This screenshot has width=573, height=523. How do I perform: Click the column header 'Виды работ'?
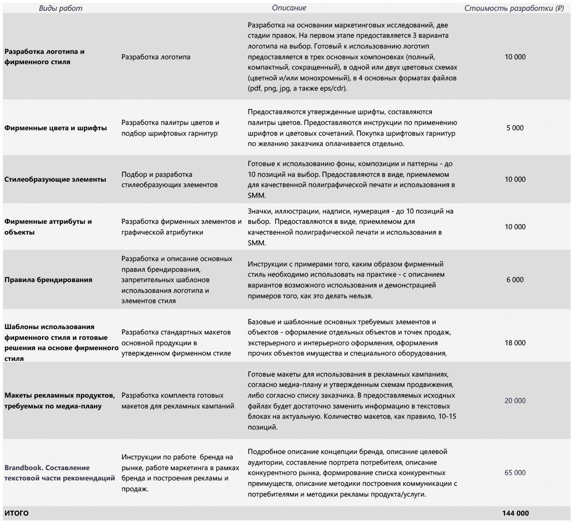(x=61, y=8)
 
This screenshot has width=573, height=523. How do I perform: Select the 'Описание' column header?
(x=289, y=8)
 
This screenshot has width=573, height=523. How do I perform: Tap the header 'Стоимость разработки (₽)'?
(x=514, y=8)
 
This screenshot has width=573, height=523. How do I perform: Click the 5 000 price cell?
(x=515, y=128)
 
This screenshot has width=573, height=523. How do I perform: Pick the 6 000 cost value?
(x=515, y=280)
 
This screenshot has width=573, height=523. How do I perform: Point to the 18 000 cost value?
(x=515, y=343)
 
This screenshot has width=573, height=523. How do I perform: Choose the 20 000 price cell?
(x=515, y=401)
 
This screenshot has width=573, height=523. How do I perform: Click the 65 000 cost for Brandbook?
(x=515, y=473)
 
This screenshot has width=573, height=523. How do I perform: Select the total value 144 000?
(x=515, y=513)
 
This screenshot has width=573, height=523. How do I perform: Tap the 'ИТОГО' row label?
(x=17, y=513)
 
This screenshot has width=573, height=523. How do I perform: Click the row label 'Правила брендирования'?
(x=48, y=280)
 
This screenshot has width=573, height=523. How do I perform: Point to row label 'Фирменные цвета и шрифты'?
(x=56, y=128)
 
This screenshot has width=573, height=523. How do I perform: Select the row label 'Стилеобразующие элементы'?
(x=55, y=179)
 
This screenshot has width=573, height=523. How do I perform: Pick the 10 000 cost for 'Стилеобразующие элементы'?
(x=515, y=179)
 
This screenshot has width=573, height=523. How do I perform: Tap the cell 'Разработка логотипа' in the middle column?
(x=156, y=57)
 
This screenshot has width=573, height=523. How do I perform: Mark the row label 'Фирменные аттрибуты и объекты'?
(x=48, y=227)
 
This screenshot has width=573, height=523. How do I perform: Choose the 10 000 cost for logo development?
(x=515, y=57)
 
